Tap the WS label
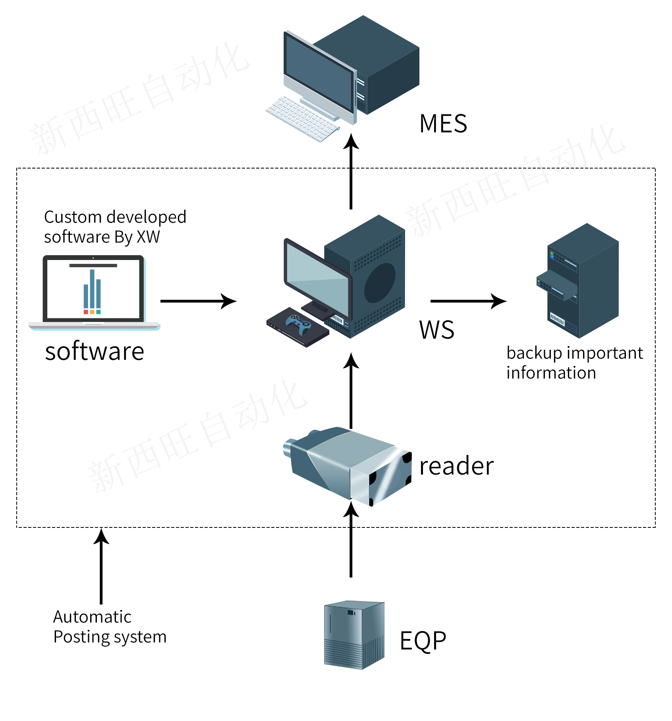pyautogui.click(x=436, y=330)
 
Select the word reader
pyautogui.click(x=456, y=466)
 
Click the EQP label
pyautogui.click(x=423, y=641)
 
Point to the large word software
pyautogui.click(x=95, y=351)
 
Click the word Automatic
pyautogui.click(x=92, y=617)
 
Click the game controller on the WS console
pyautogui.click(x=299, y=324)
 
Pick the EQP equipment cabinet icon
pyautogui.click(x=354, y=635)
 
